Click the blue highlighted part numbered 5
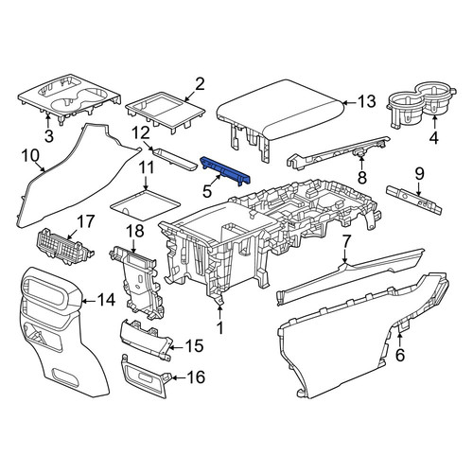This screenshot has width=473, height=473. tap(225, 170)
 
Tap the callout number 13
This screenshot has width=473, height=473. tap(366, 102)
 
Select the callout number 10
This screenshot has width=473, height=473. tap(30, 156)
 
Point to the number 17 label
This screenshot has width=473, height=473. tap(85, 221)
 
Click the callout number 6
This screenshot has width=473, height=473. tap(400, 356)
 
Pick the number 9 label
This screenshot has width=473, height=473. tap(419, 174)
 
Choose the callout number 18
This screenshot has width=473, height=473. tap(135, 231)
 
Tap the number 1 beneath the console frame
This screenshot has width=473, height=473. tap(220, 328)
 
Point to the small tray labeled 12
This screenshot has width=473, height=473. tap(175, 159)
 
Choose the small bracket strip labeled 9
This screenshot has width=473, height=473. tap(413, 200)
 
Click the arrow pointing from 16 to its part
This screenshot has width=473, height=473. tap(179, 377)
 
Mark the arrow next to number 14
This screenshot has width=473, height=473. tap(89, 301)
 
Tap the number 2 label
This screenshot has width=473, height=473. tap(201, 84)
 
